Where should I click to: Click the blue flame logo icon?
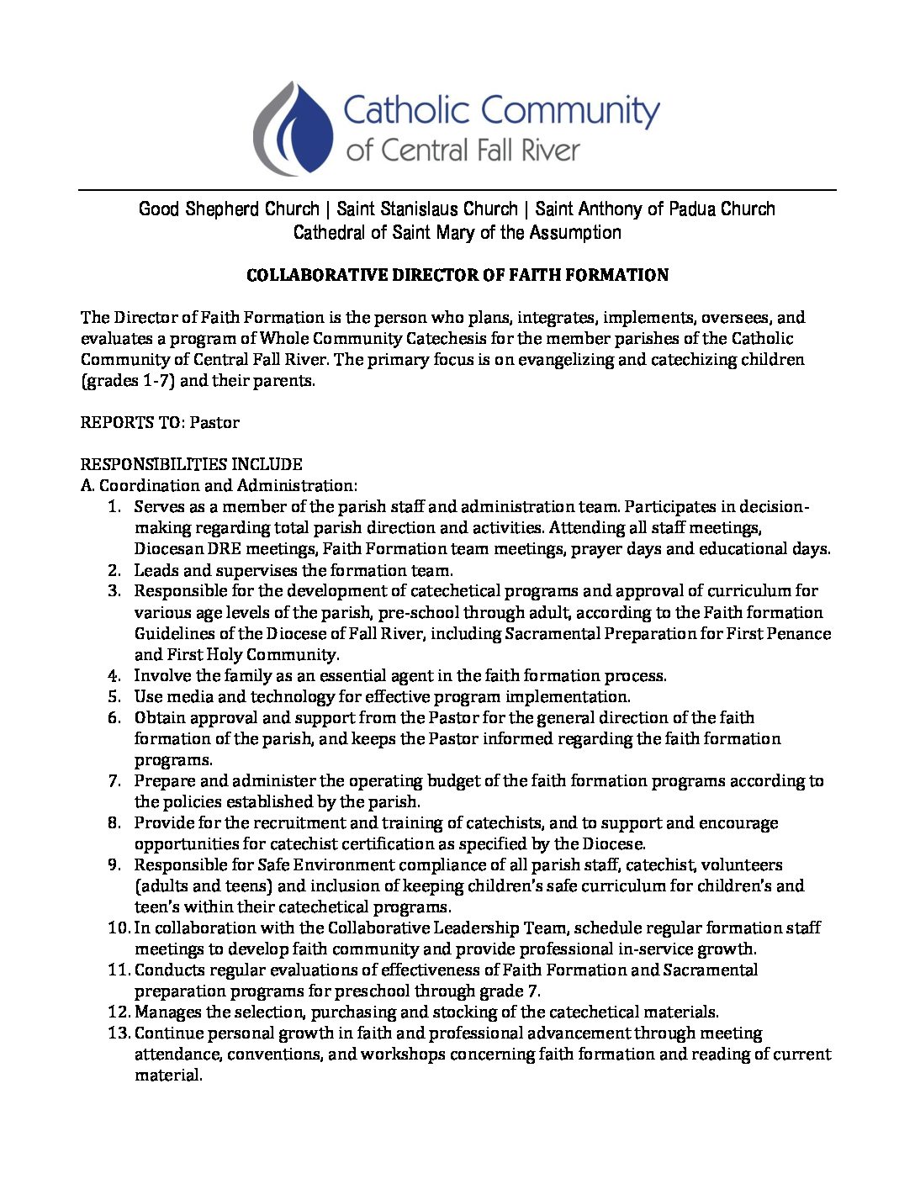pyautogui.click(x=294, y=129)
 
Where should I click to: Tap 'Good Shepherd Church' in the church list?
pyautogui.click(x=229, y=209)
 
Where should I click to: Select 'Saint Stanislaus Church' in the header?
pyautogui.click(x=427, y=209)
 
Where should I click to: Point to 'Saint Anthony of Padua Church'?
pyautogui.click(x=655, y=209)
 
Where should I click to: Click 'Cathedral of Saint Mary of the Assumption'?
pyautogui.click(x=457, y=232)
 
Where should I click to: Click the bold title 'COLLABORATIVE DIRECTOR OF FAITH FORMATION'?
pyautogui.click(x=457, y=275)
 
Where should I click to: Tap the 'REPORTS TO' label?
pyautogui.click(x=130, y=422)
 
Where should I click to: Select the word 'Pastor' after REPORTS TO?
pyautogui.click(x=214, y=422)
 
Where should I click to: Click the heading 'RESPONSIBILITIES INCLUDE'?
pyautogui.click(x=191, y=464)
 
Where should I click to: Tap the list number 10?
pyautogui.click(x=118, y=928)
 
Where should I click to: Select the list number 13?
pyautogui.click(x=118, y=1033)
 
